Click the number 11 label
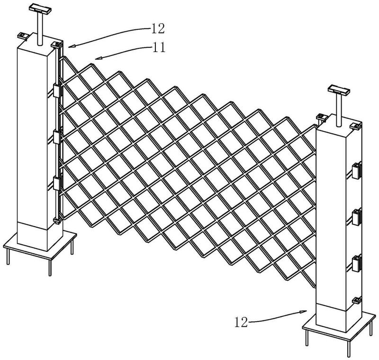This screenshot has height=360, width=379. coord(159,47)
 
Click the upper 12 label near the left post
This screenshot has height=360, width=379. coord(158,29)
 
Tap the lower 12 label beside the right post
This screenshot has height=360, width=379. coord(241,322)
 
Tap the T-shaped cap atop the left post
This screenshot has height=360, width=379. coord(40,9)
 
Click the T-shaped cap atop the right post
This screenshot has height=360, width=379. coord(339,90)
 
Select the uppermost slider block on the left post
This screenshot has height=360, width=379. coord(57,91)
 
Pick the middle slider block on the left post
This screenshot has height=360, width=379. coord(57,138)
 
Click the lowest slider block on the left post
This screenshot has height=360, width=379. coord(57,184)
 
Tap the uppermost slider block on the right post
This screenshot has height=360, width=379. coord(357,171)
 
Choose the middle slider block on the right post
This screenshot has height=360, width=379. coord(357,218)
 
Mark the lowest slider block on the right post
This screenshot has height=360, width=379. coord(357,264)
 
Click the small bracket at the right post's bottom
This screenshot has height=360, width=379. coord(357,300)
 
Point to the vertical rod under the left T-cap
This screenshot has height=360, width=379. coord(40,28)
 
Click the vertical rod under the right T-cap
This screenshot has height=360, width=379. coord(339,110)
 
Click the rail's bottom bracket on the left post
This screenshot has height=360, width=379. coord(57,221)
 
